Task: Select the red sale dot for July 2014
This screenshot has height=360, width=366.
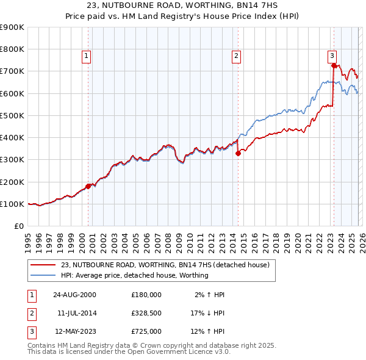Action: pyautogui.click(x=238, y=154)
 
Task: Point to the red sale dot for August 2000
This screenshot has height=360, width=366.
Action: pyautogui.click(x=88, y=186)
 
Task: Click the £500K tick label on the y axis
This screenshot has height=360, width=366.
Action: pyautogui.click(x=12, y=115)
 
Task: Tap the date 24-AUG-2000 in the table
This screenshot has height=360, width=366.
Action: pyautogui.click(x=74, y=295)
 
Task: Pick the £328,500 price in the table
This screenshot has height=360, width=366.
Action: pyautogui.click(x=146, y=313)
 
